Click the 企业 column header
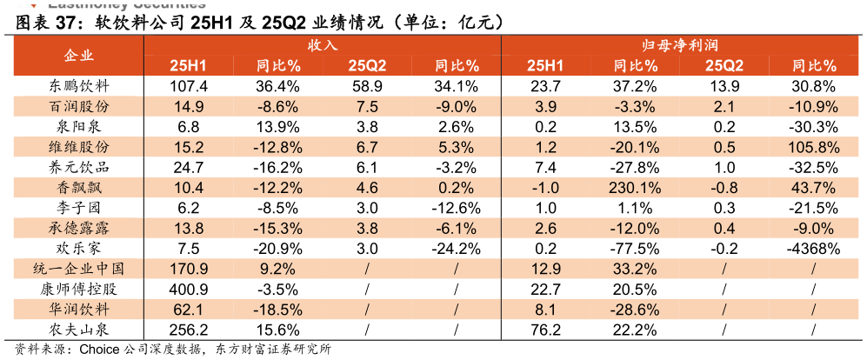(79, 56)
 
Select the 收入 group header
(322, 44)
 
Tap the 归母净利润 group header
(679, 44)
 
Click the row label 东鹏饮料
(79, 86)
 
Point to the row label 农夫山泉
(79, 330)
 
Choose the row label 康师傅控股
(79, 289)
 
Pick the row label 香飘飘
(79, 188)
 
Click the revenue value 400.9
(189, 290)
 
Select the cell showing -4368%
(812, 249)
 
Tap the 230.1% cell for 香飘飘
(635, 188)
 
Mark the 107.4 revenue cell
(189, 86)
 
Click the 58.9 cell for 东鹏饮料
(367, 86)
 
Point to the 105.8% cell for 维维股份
(812, 147)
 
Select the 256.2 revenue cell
(189, 330)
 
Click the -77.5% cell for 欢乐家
(635, 249)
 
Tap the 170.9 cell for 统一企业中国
(189, 269)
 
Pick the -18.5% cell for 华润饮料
(277, 310)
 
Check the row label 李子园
(79, 208)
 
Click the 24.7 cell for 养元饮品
(189, 167)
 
